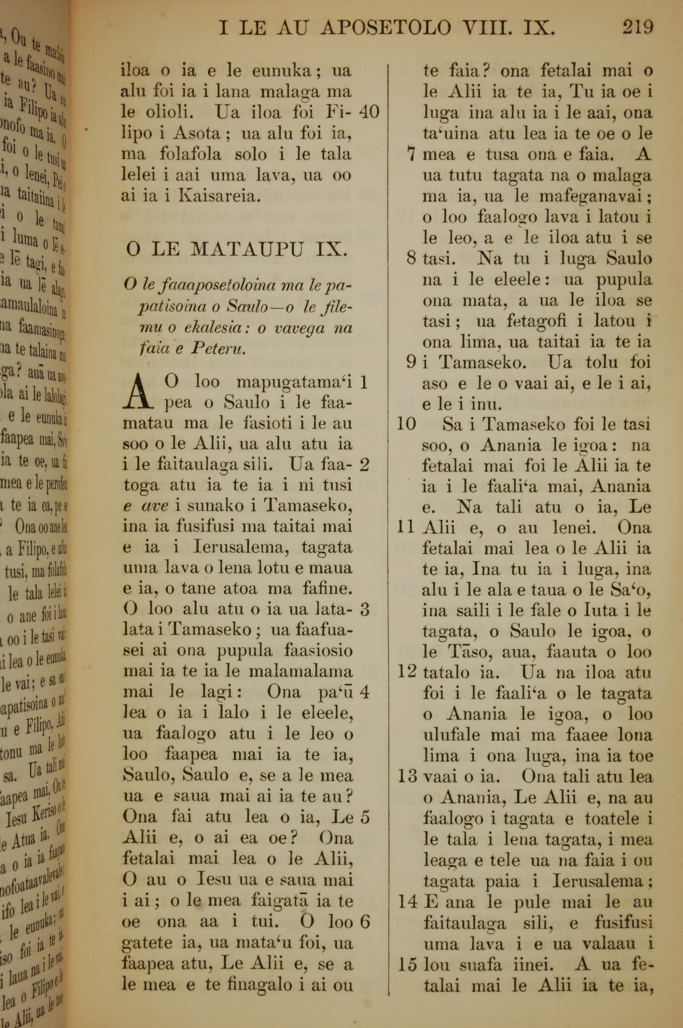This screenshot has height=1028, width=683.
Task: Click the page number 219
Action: [x=638, y=28]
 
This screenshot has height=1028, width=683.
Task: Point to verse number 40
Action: [x=370, y=112]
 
